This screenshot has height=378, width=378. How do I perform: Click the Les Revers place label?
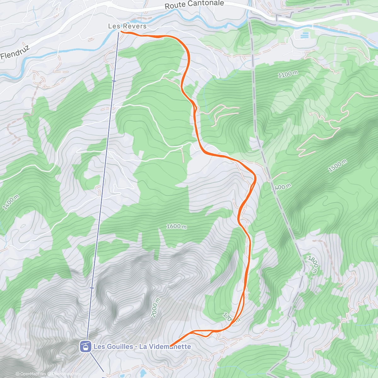pyautogui.click(x=127, y=26)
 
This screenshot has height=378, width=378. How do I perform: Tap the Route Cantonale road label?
pyautogui.click(x=194, y=4)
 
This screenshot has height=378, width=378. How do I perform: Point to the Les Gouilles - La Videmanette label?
pyautogui.click(x=142, y=346)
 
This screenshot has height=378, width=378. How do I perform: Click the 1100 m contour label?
pyautogui.click(x=288, y=74)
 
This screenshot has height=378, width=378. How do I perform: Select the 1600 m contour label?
pyautogui.click(x=176, y=226)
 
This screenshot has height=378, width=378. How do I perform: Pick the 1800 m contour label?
pyautogui.click(x=313, y=264)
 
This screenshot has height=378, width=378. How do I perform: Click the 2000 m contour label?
pyautogui.click(x=156, y=307)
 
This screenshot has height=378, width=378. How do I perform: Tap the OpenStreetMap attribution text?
pyautogui.click(x=64, y=374)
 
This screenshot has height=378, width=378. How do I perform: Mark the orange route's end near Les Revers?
pyautogui.click(x=121, y=31)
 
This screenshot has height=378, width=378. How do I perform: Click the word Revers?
pyautogui.click(x=135, y=26)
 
